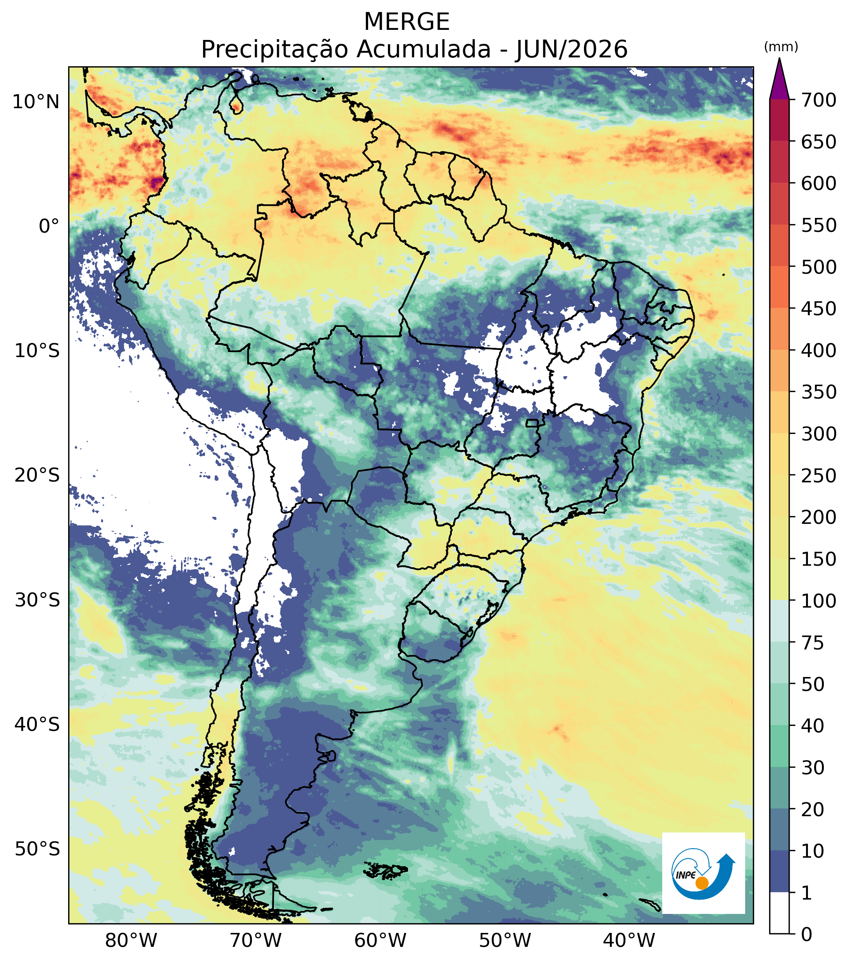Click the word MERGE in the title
(x=407, y=22)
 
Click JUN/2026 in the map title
(x=572, y=49)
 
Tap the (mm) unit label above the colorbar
(x=781, y=47)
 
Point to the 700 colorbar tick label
(x=819, y=100)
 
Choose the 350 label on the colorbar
(x=819, y=392)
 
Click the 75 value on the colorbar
(x=813, y=642)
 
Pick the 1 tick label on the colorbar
(x=807, y=893)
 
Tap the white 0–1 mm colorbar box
(x=779, y=913)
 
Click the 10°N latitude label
(x=36, y=102)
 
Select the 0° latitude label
(x=49, y=226)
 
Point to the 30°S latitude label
(x=37, y=601)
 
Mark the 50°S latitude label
(x=37, y=850)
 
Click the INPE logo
(x=703, y=874)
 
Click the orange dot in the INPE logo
(x=702, y=883)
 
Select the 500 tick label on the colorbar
(x=819, y=267)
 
